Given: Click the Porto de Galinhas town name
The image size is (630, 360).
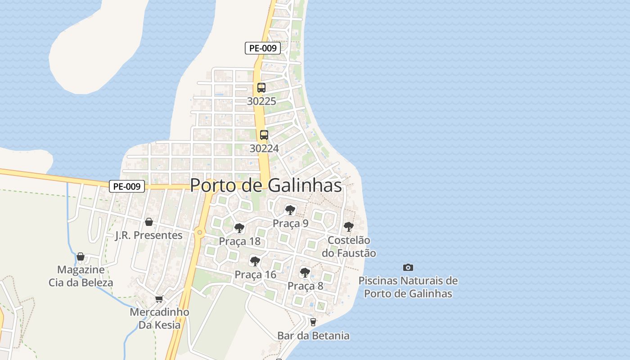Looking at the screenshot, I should pos(265,185).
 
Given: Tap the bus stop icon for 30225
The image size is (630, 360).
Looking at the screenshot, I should pos(261,88).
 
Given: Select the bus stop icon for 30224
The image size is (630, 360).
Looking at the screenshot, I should pos(264,135).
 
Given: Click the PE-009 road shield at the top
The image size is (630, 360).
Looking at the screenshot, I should pos(263,48).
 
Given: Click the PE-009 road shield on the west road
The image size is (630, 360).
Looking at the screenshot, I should pos(127,186).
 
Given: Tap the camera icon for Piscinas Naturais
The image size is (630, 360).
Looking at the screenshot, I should pos(408,267).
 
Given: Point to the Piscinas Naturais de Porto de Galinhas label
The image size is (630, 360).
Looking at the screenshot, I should pos(408,287).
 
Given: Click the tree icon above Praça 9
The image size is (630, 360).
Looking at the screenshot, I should pos(290,210).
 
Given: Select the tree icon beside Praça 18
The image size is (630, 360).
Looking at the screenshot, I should pos(239,228).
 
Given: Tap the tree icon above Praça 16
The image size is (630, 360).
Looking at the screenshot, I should pos(255,261).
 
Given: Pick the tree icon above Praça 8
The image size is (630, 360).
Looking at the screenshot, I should pos(305,272).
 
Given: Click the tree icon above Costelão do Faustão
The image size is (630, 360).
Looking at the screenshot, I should pos(348,226).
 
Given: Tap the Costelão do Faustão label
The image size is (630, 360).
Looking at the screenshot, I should pos(349,247).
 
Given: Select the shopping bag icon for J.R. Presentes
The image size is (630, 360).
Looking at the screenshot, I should pos(149,222).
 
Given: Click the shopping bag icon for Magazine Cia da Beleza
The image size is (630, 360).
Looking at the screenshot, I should pos(81,256).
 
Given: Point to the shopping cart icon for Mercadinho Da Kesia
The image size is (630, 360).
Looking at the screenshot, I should pos(159,299).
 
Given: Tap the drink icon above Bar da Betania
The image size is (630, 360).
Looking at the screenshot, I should pos(313,322).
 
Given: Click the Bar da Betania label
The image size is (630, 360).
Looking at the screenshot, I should pos(313,336).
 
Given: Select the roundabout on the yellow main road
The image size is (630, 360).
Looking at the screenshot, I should pos(199,233).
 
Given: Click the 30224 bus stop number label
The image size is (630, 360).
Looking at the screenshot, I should pos(264,148).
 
